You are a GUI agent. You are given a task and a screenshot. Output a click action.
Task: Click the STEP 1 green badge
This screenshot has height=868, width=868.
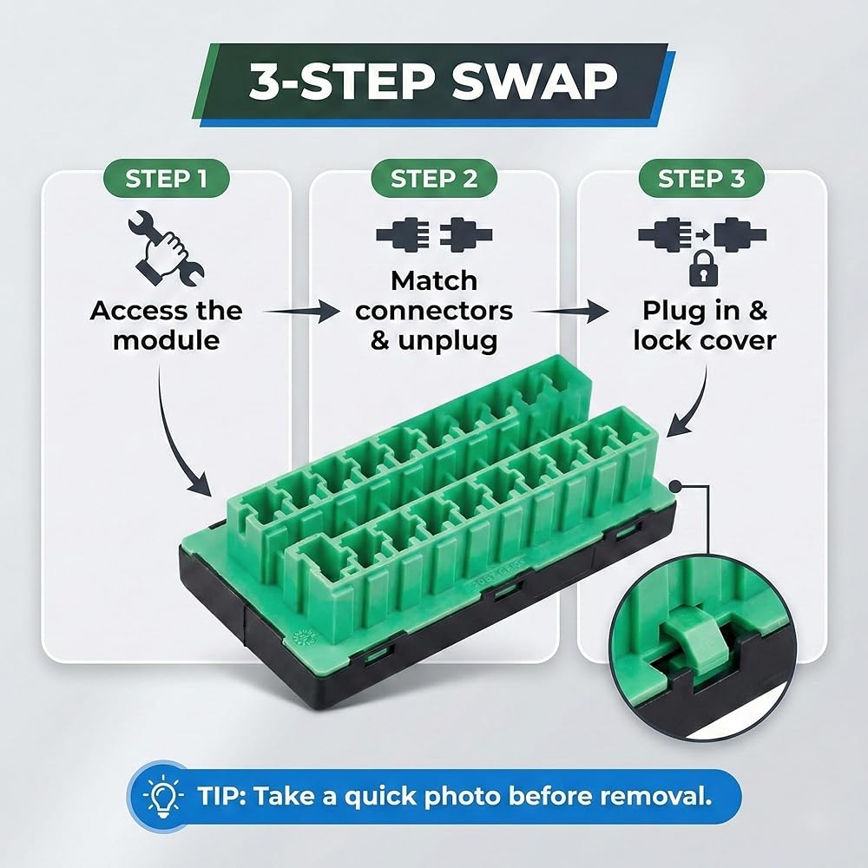[x=166, y=178]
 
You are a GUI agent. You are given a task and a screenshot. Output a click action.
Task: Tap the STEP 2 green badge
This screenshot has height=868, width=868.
[x=434, y=178]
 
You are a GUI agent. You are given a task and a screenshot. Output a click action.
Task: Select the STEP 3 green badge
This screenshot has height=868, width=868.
[x=701, y=178]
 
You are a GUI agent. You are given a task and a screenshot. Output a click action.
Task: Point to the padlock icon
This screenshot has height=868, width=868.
[x=703, y=268]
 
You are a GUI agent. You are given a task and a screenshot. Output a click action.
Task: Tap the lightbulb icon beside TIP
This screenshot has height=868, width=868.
[x=163, y=797]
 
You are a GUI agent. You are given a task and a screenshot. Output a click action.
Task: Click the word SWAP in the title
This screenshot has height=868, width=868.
[x=534, y=82]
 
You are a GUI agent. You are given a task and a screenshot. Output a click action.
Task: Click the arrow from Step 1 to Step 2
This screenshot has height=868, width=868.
[x=302, y=312]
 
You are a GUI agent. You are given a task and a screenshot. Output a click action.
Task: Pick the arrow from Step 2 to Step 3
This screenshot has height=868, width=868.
[x=570, y=312]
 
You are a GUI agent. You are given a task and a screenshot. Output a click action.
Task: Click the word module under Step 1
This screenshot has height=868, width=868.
[x=166, y=340]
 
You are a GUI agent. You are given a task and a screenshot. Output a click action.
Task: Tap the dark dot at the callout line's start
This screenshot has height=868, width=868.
[x=675, y=487]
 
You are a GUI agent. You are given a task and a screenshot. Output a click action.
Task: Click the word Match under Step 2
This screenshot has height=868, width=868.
[x=434, y=280]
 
